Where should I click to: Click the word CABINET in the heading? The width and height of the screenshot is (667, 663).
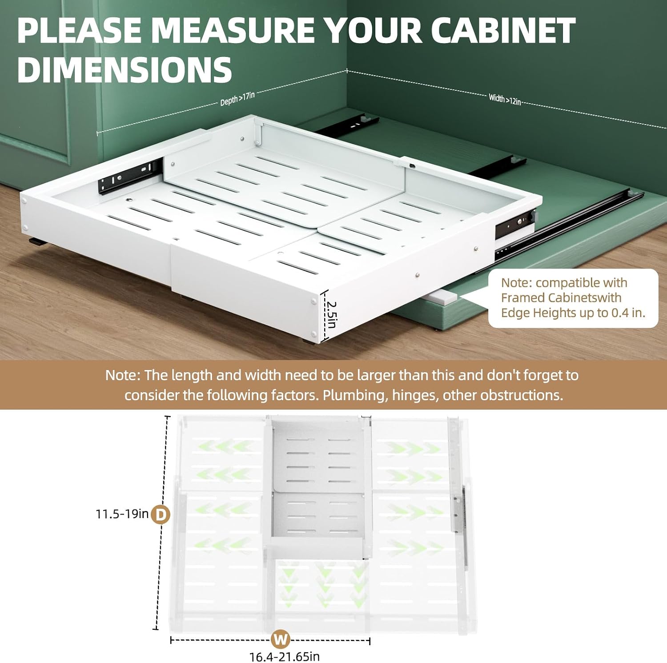point(503,31)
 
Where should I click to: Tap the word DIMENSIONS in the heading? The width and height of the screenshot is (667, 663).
point(125,70)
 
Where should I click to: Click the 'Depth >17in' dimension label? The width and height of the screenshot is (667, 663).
point(237,98)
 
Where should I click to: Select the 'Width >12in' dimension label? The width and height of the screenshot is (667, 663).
point(505,99)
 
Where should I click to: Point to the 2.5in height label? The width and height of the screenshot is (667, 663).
point(331,315)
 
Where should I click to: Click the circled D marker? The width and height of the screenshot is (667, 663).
point(161,515)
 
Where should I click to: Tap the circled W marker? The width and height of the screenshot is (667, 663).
point(281,639)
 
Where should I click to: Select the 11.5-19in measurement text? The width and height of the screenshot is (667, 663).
point(122,514)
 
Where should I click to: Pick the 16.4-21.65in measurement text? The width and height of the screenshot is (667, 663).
point(285,656)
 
